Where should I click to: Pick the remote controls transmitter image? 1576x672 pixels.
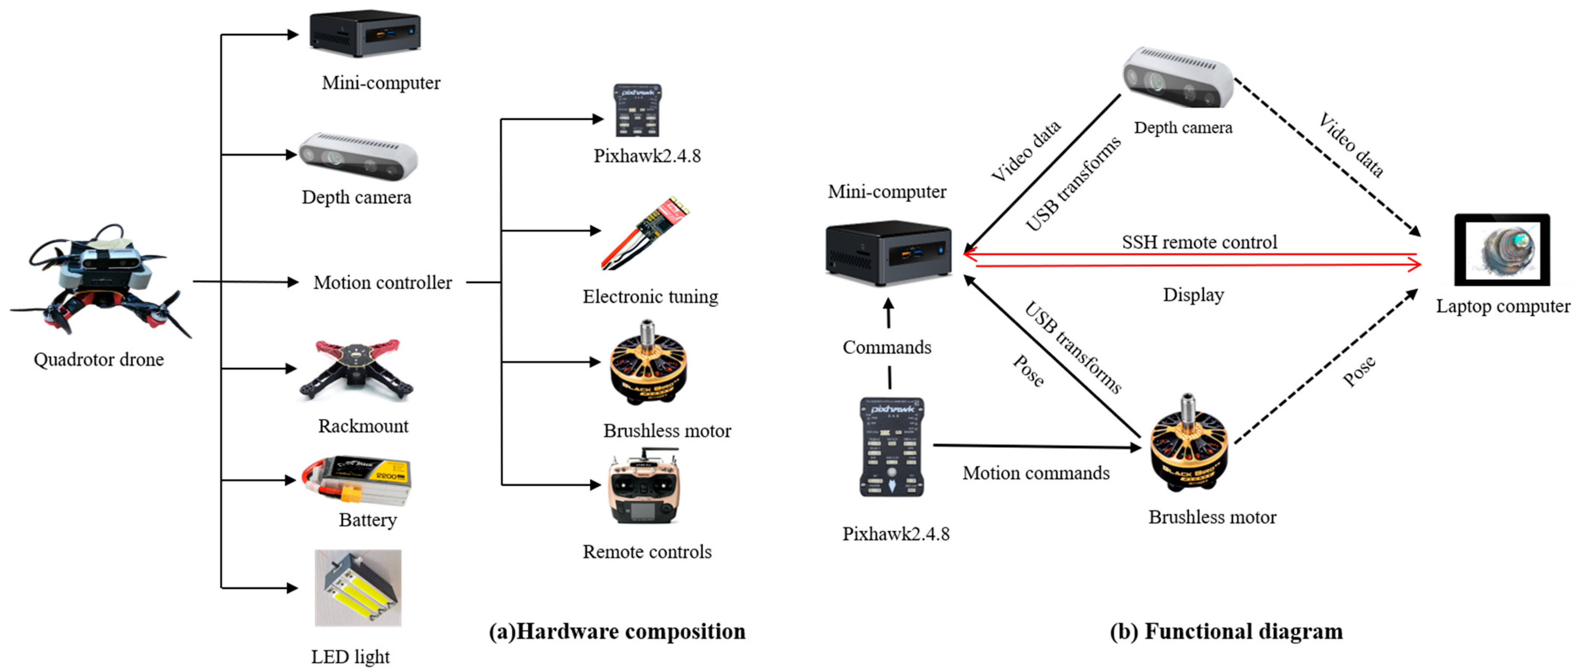coord(644,487)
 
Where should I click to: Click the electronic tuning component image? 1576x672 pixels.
coord(645,233)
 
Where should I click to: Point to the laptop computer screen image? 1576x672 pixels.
coord(1502,249)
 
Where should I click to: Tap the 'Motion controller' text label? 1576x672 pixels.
coord(382,282)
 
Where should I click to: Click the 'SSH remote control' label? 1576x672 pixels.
coord(1199,242)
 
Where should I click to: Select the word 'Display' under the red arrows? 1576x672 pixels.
coord(1193,295)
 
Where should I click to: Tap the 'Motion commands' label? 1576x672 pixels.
coord(1036,473)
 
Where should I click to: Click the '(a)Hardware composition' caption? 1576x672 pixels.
coord(617,632)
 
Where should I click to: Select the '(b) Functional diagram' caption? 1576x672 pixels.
coord(1226,632)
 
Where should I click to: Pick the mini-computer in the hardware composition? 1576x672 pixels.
coord(365,34)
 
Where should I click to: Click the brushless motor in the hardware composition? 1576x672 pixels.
coord(648,365)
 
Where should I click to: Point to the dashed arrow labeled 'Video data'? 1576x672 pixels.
coord(1328,156)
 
